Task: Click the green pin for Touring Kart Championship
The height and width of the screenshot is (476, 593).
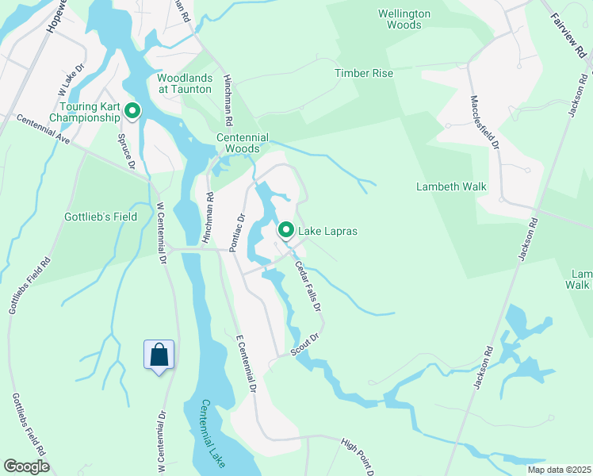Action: point(132,112)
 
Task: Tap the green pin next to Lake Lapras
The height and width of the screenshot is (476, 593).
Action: point(286,231)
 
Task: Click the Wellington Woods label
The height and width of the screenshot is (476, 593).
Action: point(404,19)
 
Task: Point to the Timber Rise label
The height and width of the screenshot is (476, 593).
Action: point(363,73)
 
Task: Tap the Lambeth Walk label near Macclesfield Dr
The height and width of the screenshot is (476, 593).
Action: point(451,186)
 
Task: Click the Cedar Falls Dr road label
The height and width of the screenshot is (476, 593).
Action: point(308,286)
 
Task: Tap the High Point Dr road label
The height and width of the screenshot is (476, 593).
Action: point(358,457)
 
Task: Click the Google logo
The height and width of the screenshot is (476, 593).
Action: point(26,466)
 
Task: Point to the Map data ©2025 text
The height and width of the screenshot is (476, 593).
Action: point(558,470)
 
